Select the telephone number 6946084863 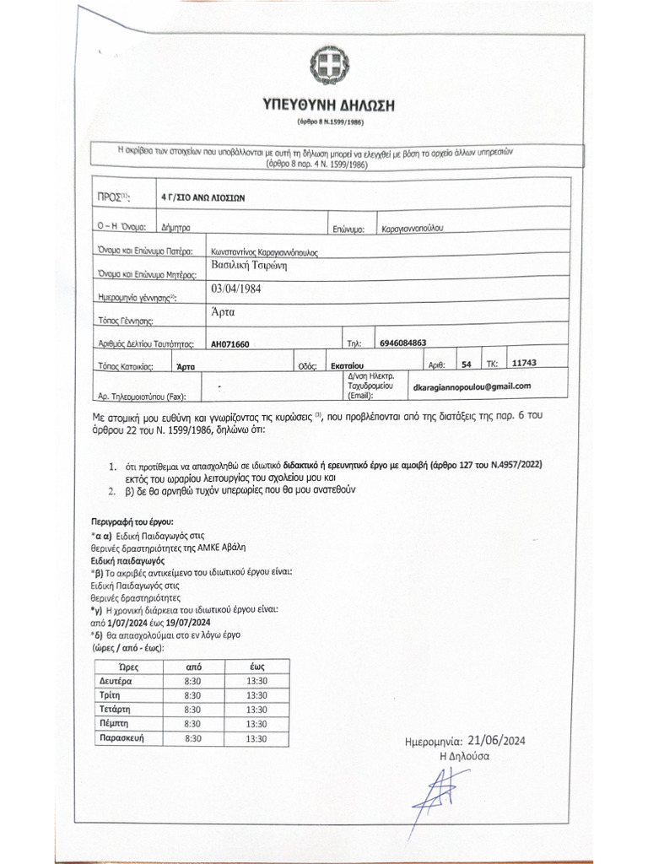pyautogui.click(x=402, y=343)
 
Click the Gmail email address pyautogui.click(x=472, y=386)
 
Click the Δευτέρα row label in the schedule pyautogui.click(x=116, y=681)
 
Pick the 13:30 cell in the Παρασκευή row pyautogui.click(x=256, y=738)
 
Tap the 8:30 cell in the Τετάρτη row pyautogui.click(x=192, y=710)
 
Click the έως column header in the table pyautogui.click(x=257, y=666)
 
